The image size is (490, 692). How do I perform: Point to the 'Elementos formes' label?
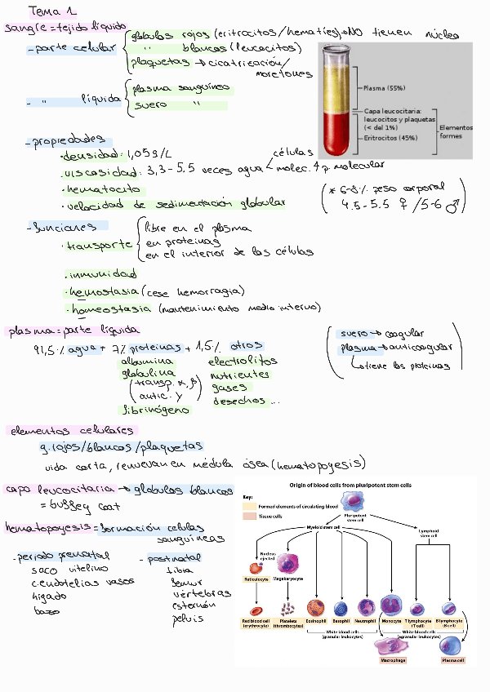455,131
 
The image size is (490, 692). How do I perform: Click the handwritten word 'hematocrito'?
99,189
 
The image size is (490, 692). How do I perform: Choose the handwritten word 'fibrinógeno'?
156,409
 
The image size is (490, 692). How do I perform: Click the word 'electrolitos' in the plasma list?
243,360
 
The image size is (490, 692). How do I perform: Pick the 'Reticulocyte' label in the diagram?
256,579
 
